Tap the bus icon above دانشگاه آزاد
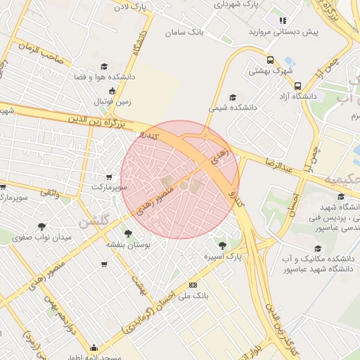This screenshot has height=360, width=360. pyautogui.click(x=297, y=83)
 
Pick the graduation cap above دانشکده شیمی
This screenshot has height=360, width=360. pyautogui.click(x=233, y=98)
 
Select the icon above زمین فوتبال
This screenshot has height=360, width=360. pyautogui.click(x=112, y=90)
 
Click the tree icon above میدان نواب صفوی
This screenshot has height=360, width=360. pyautogui.click(x=42, y=226)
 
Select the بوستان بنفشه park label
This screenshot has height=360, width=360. pyautogui.click(x=127, y=244)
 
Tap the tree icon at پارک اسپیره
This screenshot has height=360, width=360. pyautogui.click(x=223, y=245)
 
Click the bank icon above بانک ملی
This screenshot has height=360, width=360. pyautogui.click(x=193, y=285)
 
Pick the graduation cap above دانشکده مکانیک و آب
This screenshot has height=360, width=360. pyautogui.click(x=317, y=248)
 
